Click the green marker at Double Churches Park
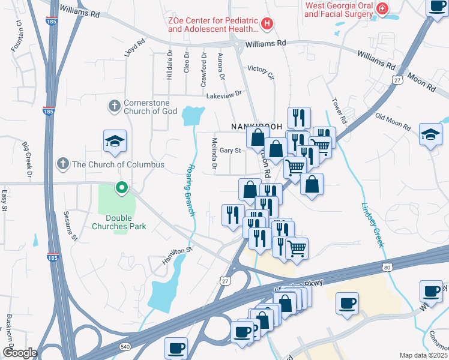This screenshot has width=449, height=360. pyautogui.click(x=122, y=188)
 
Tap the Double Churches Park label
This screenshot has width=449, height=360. pyautogui.click(x=118, y=222)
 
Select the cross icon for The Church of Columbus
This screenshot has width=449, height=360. pyautogui.click(x=62, y=164)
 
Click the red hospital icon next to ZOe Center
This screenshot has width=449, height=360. pyautogui.click(x=268, y=25)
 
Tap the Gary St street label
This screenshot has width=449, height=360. pyautogui.click(x=230, y=151)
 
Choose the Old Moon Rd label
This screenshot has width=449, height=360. pyautogui.click(x=392, y=122)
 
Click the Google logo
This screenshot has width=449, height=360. pyautogui.click(x=19, y=353)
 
